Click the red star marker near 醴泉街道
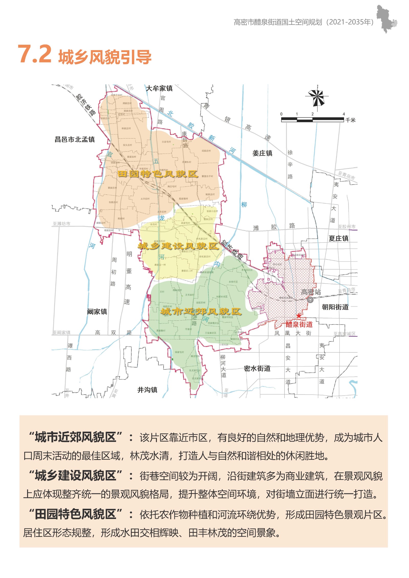pos(299,316)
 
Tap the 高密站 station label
pos(311,292)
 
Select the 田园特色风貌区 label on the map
pos(158,174)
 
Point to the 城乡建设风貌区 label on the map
pos(178,246)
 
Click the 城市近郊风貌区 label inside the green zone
pos(201,311)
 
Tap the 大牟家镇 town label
pos(159,88)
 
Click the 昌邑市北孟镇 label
pos(75,140)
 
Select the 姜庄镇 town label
pos(262,153)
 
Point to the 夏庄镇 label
pos(338,238)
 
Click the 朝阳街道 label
pos(335,307)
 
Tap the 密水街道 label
pos(257,368)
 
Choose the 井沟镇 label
pos(147,390)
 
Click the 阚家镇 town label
pos(97,312)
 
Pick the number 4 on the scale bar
pos(344,114)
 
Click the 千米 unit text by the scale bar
pos(350,120)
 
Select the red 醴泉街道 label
pos(299,325)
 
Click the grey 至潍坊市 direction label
pos(61,224)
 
